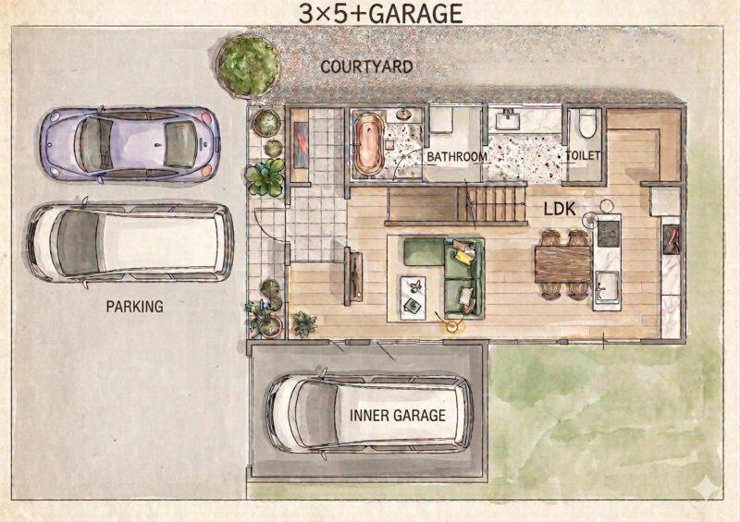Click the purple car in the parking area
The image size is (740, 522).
click(129, 144)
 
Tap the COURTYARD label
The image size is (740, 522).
click(366, 67)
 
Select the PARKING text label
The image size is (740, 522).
click(134, 307)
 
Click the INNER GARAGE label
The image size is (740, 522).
click(398, 415)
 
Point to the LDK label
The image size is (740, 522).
click(560, 209)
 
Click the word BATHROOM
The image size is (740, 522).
click(457, 156)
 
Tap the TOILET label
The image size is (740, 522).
click(583, 155)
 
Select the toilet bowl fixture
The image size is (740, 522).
click(586, 123)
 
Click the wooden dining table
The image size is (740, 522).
click(562, 264)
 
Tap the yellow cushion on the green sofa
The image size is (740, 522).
click(464, 256)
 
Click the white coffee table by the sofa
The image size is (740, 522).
click(413, 297)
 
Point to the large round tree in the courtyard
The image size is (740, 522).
click(248, 67)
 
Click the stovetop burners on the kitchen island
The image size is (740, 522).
click(609, 234)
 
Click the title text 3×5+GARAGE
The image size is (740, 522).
click(381, 13)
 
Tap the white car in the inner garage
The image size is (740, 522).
click(369, 413)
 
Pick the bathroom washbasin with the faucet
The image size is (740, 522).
click(509, 120)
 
